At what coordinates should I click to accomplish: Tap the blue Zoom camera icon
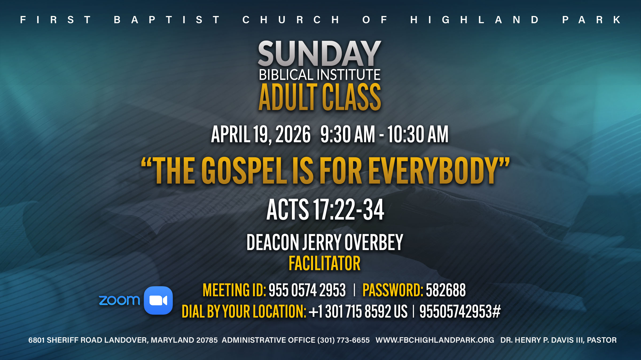(x=158, y=301)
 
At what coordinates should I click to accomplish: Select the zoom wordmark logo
(x=119, y=301)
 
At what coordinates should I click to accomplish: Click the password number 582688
(x=446, y=290)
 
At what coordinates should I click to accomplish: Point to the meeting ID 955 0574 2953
(x=307, y=290)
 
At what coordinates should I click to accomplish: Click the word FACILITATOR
(x=325, y=263)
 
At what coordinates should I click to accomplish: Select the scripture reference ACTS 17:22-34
(x=325, y=210)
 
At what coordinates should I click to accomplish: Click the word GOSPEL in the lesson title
(x=244, y=171)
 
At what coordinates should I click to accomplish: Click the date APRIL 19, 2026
(x=261, y=134)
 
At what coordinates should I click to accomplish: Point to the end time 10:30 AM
(x=418, y=134)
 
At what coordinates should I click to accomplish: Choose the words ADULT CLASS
(x=320, y=97)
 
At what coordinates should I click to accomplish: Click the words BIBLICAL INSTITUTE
(x=320, y=75)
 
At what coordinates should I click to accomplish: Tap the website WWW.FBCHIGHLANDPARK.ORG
(x=435, y=340)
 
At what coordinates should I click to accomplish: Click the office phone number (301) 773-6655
(x=343, y=340)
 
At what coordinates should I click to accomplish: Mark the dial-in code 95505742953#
(x=460, y=311)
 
